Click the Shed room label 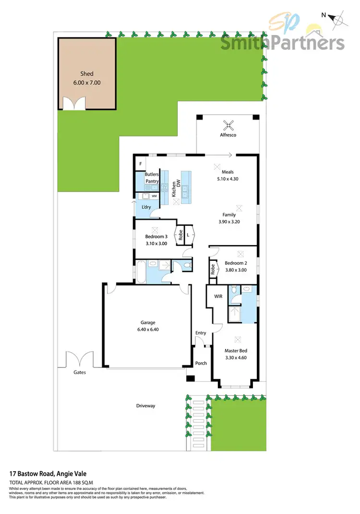click(x=87, y=74)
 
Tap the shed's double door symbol click(x=74, y=104)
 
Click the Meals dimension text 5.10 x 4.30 click(x=228, y=179)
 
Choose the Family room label click(x=228, y=215)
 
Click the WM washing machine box click(x=154, y=196)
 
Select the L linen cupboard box click(x=188, y=234)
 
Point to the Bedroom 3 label click(x=156, y=236)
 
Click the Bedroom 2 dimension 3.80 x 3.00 click(x=236, y=270)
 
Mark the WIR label click(x=217, y=297)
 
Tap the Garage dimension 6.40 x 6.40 click(x=144, y=330)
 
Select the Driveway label click(x=145, y=406)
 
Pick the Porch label click(x=201, y=363)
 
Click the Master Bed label click(x=236, y=350)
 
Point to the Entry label click(x=201, y=333)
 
